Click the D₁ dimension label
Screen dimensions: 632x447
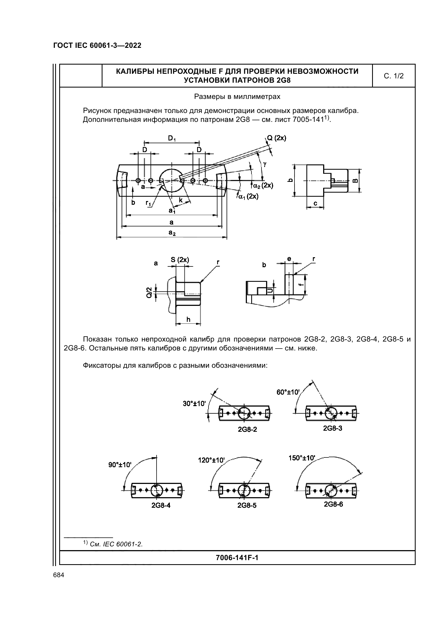coord(172,139)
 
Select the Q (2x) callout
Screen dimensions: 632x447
coord(277,138)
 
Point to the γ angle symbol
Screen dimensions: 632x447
coord(265,164)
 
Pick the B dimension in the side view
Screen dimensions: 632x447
coord(355,180)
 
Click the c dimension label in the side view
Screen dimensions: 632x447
coord(315,203)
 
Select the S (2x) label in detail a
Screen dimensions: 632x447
coord(180,260)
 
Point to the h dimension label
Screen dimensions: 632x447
coord(188,319)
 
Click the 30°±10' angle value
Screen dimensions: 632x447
coord(194,403)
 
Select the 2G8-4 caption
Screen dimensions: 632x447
coord(161,505)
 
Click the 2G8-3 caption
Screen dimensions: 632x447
coord(332,428)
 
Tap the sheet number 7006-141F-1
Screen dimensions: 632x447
coord(237,558)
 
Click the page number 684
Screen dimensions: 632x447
coord(59,575)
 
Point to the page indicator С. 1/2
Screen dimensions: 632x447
coord(393,76)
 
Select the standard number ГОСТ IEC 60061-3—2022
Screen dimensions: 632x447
coord(97,46)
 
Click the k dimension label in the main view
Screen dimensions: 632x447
coord(181,200)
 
